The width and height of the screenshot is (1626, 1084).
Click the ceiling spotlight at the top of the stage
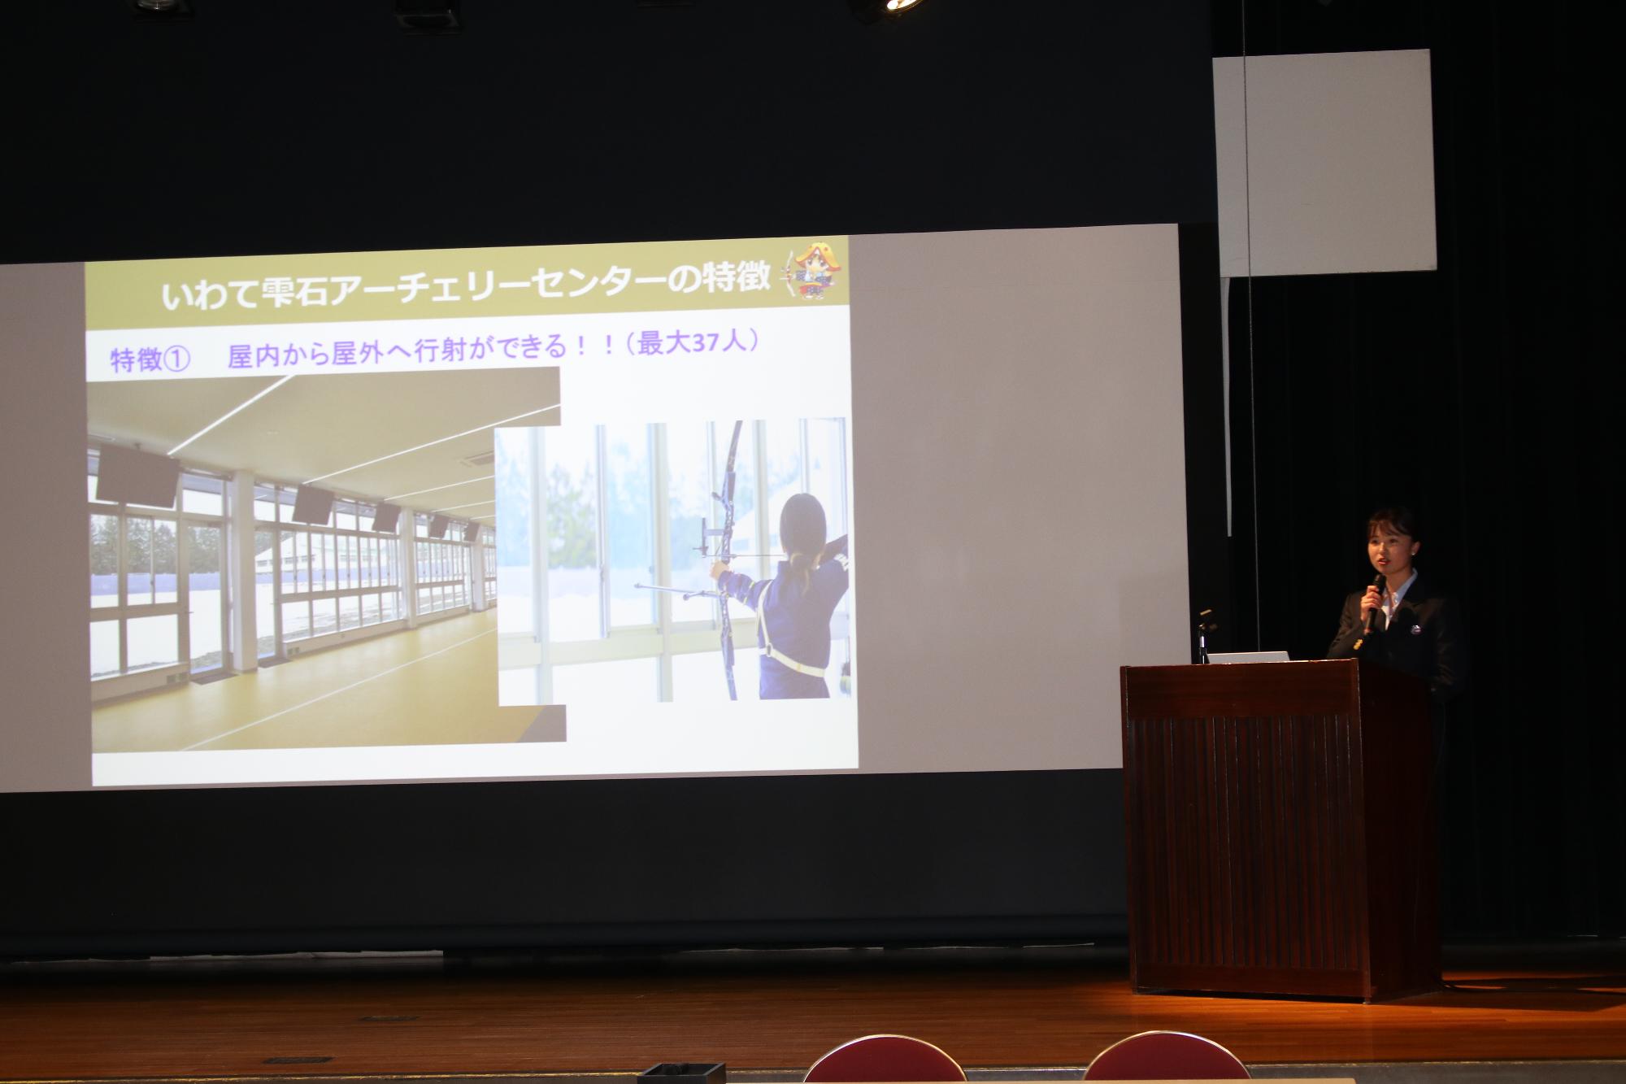892,6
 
